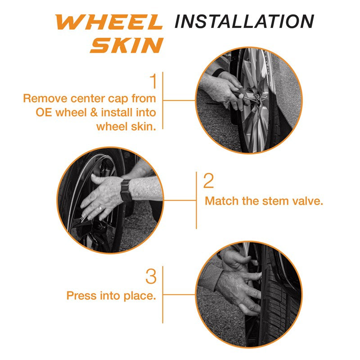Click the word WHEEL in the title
pyautogui.click(x=109, y=22)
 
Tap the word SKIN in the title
pyautogui.click(x=126, y=45)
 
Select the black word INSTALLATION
pyautogui.click(x=244, y=21)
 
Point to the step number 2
pyautogui.click(x=208, y=181)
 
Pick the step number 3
pyautogui.click(x=151, y=276)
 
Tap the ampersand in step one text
pyautogui.click(x=94, y=113)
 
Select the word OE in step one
pyautogui.click(x=44, y=113)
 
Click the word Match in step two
pyautogui.click(x=222, y=201)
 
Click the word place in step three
pyautogui.click(x=140, y=296)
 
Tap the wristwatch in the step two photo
pyautogui.click(x=126, y=190)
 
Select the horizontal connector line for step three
pyautogui.click(x=179, y=295)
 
